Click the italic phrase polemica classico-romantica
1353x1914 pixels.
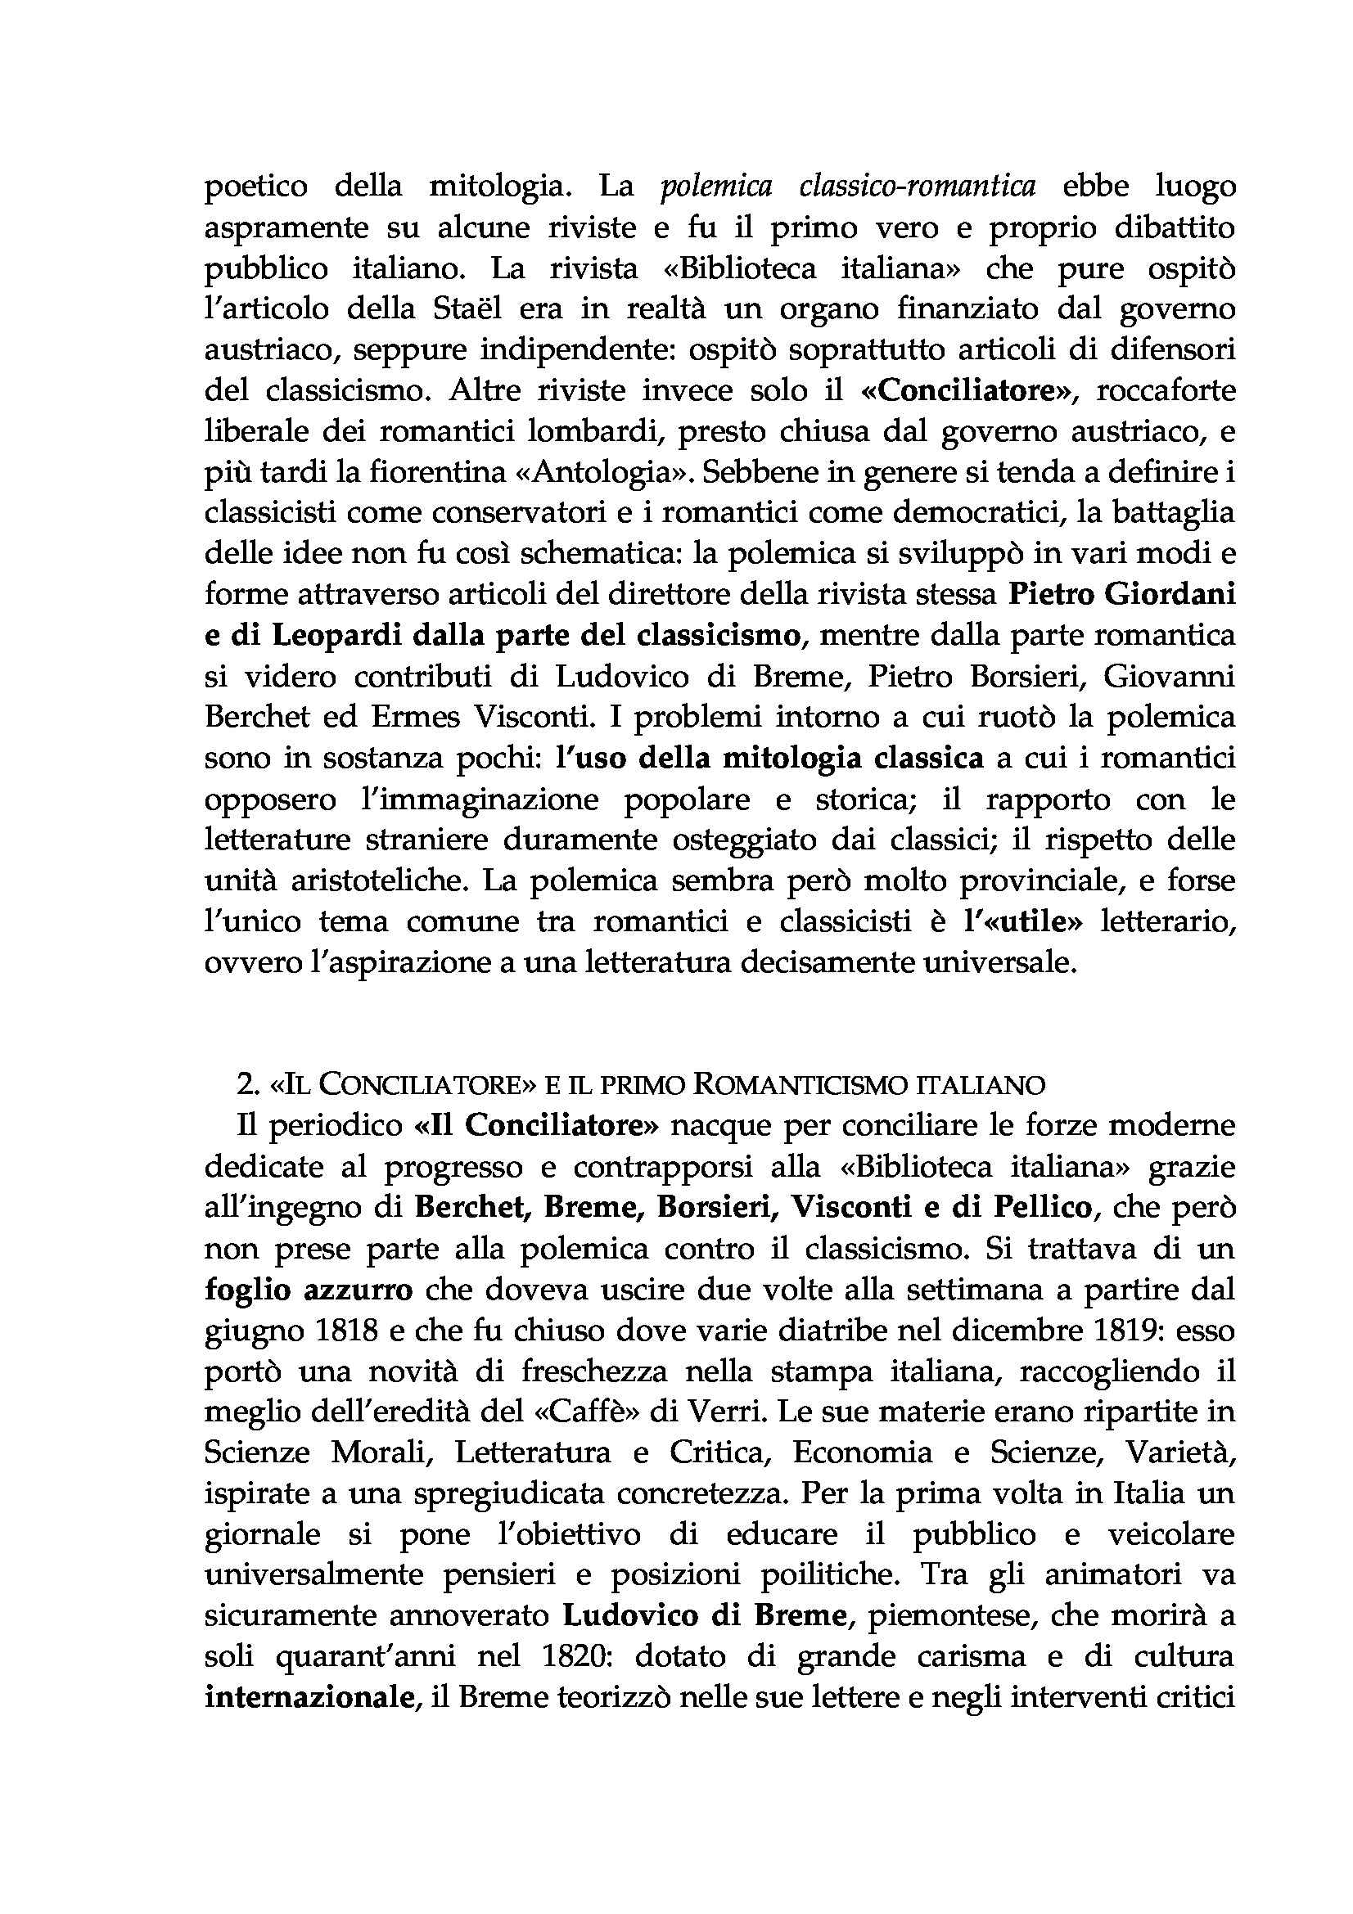(847, 187)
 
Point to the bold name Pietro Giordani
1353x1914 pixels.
(1121, 595)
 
